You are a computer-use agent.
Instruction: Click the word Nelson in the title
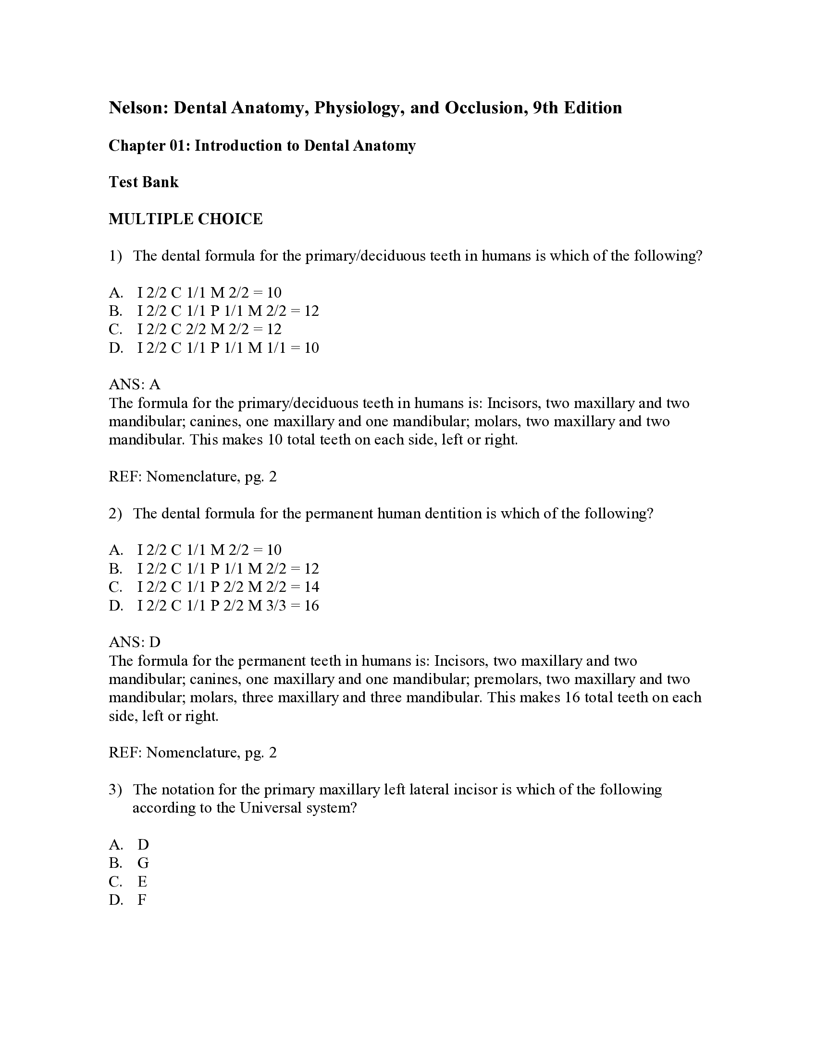coord(137,108)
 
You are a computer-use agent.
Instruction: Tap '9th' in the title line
coord(545,108)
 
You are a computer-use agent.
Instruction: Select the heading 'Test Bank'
coord(143,182)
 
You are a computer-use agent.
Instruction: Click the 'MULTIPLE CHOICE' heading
coord(186,219)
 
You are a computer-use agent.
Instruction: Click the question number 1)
coord(115,256)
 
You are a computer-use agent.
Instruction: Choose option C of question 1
coord(209,329)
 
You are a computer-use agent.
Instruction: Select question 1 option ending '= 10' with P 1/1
coord(227,348)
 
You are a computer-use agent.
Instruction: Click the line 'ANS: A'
coord(135,384)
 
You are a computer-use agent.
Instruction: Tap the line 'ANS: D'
coord(135,642)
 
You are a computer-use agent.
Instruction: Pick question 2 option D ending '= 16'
coord(227,605)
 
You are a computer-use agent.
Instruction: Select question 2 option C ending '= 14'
coord(227,587)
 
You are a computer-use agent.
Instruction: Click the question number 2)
coord(115,514)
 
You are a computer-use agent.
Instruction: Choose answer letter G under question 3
coord(143,863)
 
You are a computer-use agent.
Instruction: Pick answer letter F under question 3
coord(142,900)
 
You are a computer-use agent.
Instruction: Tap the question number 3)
coord(115,790)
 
